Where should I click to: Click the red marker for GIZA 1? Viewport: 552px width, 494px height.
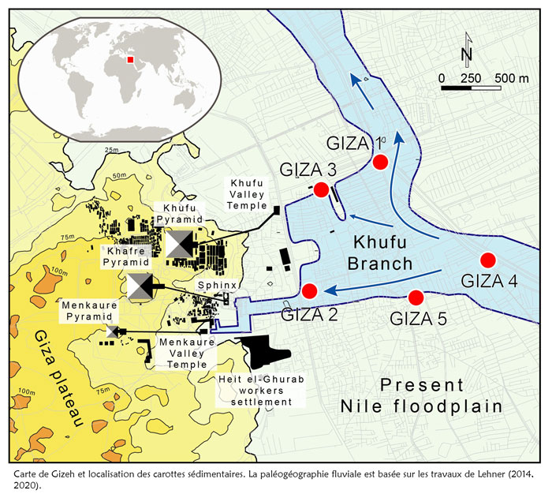[x=380, y=163]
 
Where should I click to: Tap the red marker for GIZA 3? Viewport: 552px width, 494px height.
[x=321, y=190]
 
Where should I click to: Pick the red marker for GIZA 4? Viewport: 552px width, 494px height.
[x=487, y=260]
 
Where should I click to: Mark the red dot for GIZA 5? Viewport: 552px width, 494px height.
[x=416, y=298]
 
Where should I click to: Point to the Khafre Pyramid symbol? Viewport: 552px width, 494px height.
[x=141, y=286]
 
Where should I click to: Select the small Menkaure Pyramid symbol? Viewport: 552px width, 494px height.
[x=111, y=331]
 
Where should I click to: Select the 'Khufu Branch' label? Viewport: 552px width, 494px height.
[x=382, y=253]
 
